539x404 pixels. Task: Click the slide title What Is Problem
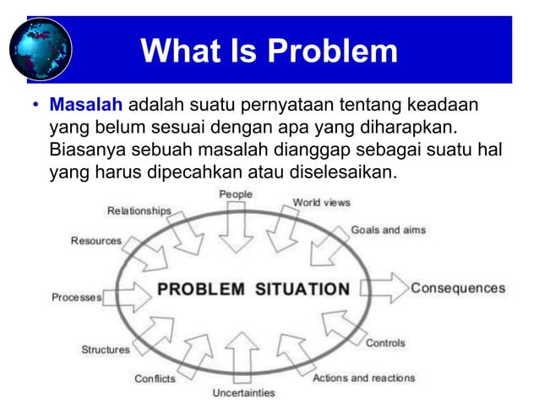click(x=269, y=51)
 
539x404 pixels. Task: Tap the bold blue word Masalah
click(x=86, y=107)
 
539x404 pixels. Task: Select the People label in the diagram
click(x=237, y=194)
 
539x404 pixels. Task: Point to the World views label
click(x=321, y=203)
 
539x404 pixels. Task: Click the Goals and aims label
click(x=389, y=230)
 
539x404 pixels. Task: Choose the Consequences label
click(x=458, y=288)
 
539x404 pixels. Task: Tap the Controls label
click(x=385, y=343)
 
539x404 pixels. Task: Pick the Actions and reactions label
click(x=364, y=378)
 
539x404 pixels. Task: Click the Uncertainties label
click(x=243, y=393)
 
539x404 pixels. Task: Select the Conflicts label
click(x=155, y=379)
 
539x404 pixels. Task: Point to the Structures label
click(x=106, y=349)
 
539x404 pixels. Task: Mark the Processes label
click(x=77, y=298)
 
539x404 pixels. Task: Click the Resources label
click(x=95, y=241)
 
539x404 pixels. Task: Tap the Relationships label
click(x=139, y=210)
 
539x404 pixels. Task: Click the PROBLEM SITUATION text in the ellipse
click(x=253, y=289)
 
